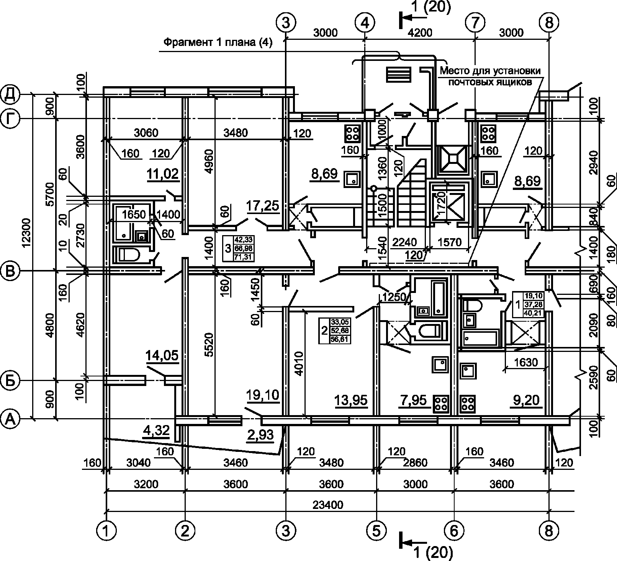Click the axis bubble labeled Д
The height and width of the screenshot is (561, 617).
coord(10,95)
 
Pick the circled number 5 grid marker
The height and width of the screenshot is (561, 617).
coord(376,531)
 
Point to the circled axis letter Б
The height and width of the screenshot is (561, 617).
coord(10,381)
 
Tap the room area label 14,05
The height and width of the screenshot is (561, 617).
coord(162,356)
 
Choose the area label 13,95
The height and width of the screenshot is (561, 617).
coord(351,400)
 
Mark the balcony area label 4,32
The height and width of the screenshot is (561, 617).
coord(156,431)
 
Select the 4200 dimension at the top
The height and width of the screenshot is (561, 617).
coord(420,33)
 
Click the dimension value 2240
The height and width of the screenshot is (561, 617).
coord(404,242)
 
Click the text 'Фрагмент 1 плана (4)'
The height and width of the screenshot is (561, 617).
coord(218,43)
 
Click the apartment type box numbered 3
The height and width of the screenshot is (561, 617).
coord(238,249)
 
